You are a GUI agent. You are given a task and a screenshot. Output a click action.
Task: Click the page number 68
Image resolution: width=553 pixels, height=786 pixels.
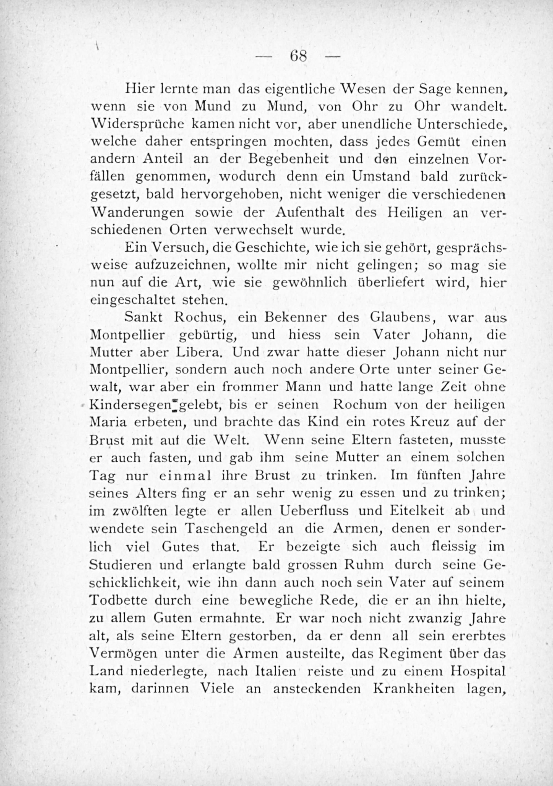[298, 56]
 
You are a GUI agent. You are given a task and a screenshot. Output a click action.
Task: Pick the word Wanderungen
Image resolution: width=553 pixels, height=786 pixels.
[138, 212]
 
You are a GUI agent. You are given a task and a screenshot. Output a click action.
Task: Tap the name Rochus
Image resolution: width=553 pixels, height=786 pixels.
[199, 317]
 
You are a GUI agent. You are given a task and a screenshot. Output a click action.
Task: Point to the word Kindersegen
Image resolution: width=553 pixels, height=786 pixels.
[132, 405]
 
